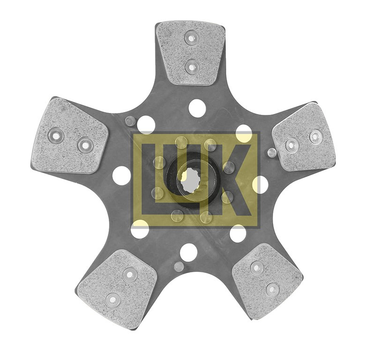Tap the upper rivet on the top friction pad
pyautogui.click(x=191, y=37)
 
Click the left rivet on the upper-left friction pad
pyautogui.click(x=56, y=136)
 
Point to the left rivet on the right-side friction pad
pyautogui.click(x=291, y=145)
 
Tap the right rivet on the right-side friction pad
pyautogui.click(x=315, y=136)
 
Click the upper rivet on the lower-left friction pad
pyautogui.click(x=130, y=275)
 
